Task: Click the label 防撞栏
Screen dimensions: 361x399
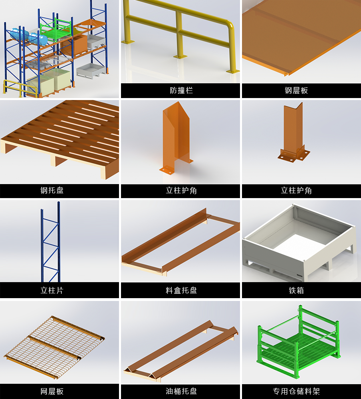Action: [181, 90]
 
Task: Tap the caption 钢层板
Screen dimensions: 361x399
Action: [296, 90]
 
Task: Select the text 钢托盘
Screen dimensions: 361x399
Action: [52, 190]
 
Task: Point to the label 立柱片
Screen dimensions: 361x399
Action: [52, 290]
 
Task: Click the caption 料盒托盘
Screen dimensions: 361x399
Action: [181, 290]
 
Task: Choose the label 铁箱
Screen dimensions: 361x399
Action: [296, 290]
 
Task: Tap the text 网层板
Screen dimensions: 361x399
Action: [52, 391]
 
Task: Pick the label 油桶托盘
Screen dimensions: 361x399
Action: [181, 391]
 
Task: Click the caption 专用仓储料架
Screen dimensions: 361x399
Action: [296, 391]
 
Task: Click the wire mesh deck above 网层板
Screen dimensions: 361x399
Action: [54, 347]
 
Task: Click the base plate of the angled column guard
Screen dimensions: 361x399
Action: [294, 155]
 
